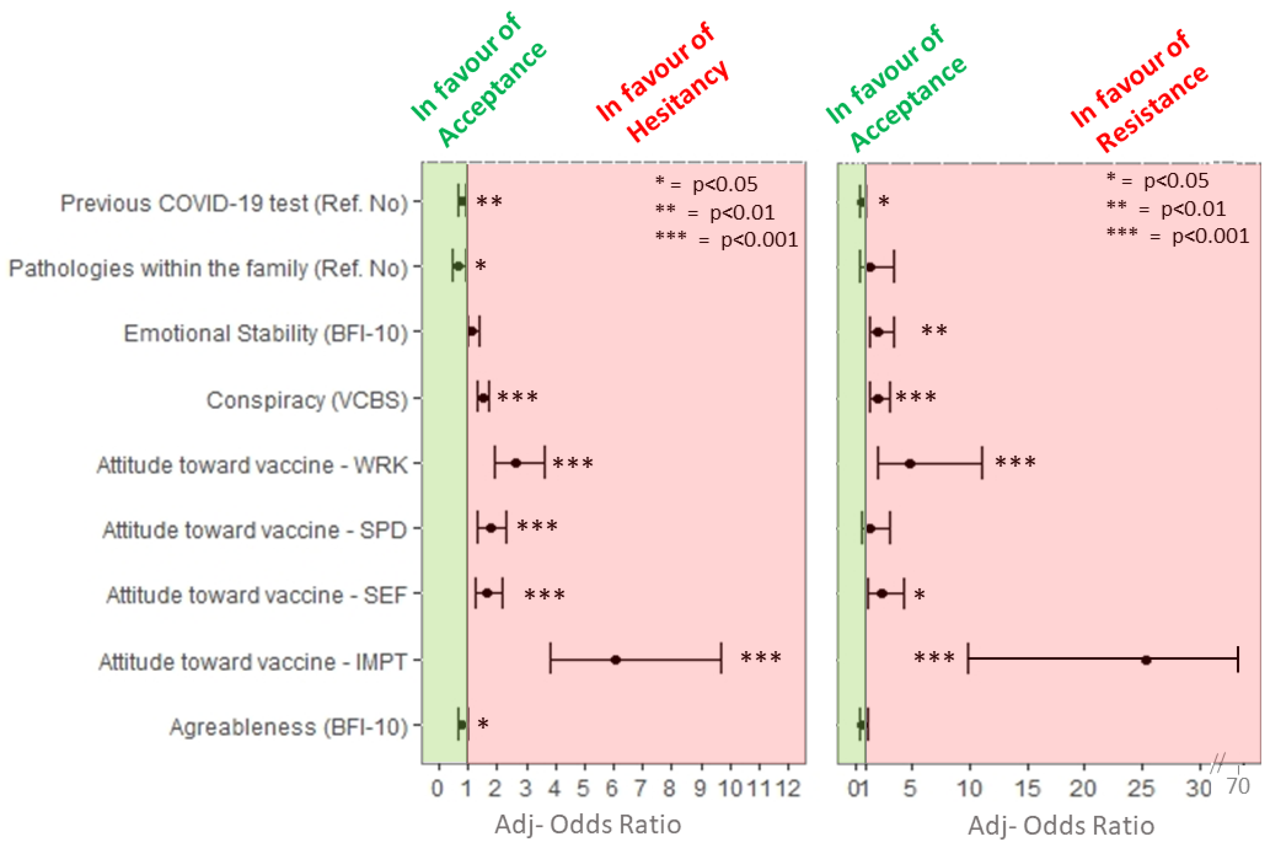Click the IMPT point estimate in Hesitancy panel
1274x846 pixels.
(x=615, y=660)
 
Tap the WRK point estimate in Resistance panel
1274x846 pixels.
(x=910, y=463)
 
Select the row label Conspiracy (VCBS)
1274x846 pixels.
(x=306, y=400)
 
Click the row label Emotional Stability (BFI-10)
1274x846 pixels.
(x=265, y=333)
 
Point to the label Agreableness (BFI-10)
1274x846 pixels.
(x=288, y=727)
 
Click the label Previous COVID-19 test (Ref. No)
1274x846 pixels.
(x=233, y=203)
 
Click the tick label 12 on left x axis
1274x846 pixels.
(x=788, y=789)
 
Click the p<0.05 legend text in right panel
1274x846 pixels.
(x=1176, y=181)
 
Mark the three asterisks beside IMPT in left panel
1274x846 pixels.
(x=760, y=658)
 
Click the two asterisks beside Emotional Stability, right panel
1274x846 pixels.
(x=934, y=331)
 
